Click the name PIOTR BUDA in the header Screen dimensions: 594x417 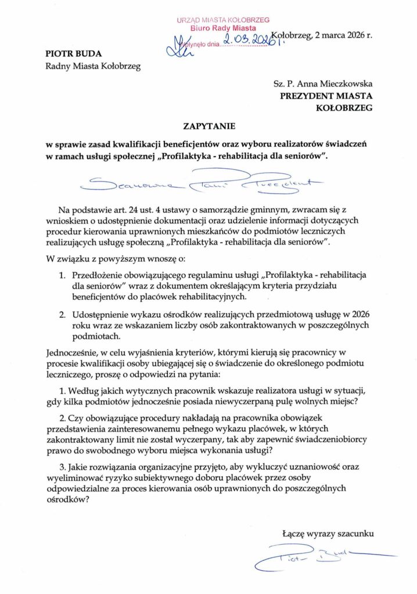click(69, 53)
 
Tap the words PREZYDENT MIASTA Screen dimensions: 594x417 click(326, 96)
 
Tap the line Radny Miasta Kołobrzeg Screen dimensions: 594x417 click(93, 65)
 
